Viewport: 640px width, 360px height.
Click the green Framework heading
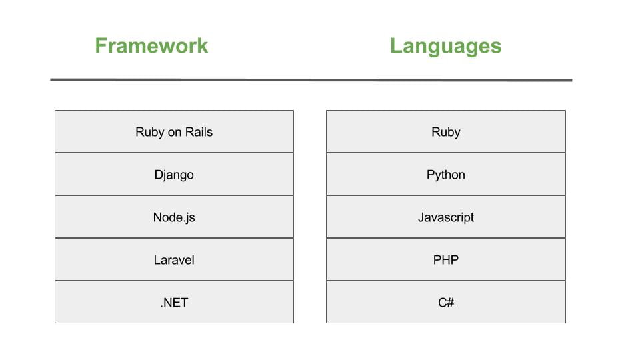tap(151, 45)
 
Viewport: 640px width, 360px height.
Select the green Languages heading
tap(446, 46)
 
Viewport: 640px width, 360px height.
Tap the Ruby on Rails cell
tap(174, 131)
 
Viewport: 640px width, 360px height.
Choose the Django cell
tap(174, 174)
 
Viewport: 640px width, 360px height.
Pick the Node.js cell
tap(174, 217)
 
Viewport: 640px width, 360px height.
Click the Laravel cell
tap(174, 259)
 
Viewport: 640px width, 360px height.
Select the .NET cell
tap(174, 302)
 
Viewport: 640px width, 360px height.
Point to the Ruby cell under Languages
tap(446, 131)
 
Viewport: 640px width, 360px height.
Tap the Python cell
tap(446, 174)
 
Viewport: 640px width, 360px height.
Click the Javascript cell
tap(446, 217)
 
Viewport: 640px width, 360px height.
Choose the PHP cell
tap(446, 259)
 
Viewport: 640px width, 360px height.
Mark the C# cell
tap(446, 302)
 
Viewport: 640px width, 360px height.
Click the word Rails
tap(199, 132)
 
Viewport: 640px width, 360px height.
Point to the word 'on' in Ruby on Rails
tap(175, 133)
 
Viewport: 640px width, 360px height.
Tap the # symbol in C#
tap(450, 303)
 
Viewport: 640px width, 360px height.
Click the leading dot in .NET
tap(161, 307)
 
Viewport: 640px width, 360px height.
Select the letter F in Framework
tap(101, 46)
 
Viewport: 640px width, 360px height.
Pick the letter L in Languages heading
tap(396, 46)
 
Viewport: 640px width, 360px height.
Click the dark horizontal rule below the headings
tap(311, 80)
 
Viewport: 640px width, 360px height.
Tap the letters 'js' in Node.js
tap(190, 218)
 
